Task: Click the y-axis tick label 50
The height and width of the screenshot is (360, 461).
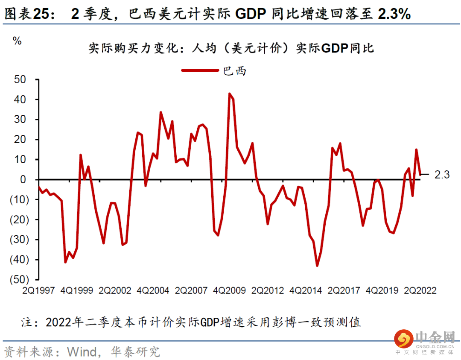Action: pyautogui.click(x=20, y=79)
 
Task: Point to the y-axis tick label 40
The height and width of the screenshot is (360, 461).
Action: pyautogui.click(x=20, y=100)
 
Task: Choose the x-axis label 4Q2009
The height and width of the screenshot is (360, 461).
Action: pyautogui.click(x=230, y=290)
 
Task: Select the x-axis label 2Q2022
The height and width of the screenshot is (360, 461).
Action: pyautogui.click(x=420, y=290)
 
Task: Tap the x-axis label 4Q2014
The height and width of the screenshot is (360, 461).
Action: pyautogui.click(x=306, y=290)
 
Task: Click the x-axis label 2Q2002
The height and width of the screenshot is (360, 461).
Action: pyautogui.click(x=115, y=290)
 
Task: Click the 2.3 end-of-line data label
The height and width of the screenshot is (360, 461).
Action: pyautogui.click(x=442, y=175)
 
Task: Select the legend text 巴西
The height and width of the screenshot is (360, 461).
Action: pyautogui.click(x=235, y=71)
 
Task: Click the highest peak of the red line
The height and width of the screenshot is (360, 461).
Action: pyautogui.click(x=230, y=94)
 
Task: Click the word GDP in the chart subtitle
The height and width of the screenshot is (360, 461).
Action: pyautogui.click(x=335, y=48)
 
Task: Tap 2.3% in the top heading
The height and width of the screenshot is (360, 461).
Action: pyautogui.click(x=394, y=15)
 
